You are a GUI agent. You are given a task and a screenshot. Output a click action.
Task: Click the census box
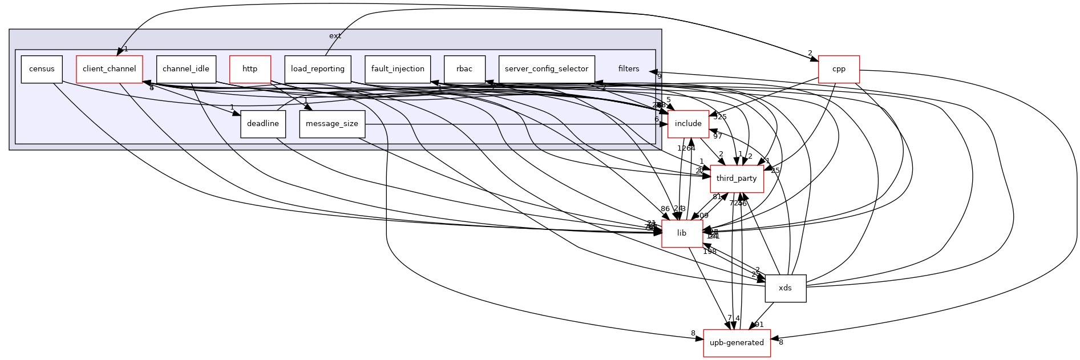[x=42, y=69]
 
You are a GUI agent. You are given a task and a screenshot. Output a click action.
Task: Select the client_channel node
[x=109, y=69]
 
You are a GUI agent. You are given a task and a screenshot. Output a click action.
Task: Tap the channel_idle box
[x=186, y=69]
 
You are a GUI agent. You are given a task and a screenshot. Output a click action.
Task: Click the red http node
[x=250, y=69]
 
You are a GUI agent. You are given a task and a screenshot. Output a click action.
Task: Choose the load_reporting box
[x=318, y=69]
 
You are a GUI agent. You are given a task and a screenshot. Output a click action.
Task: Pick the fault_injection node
[x=398, y=69]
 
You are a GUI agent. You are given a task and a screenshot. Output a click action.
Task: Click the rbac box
[x=464, y=69]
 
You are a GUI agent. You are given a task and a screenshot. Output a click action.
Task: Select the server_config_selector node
[x=547, y=69]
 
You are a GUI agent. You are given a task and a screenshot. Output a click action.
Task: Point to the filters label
[x=629, y=69]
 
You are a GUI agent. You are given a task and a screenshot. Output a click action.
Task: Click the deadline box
[x=263, y=124]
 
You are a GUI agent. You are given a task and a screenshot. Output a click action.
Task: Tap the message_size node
[x=332, y=124]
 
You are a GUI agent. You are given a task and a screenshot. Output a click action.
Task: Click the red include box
[x=688, y=124]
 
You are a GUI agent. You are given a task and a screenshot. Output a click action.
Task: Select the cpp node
[x=839, y=69]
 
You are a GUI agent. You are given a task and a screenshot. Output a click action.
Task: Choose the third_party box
[x=737, y=179]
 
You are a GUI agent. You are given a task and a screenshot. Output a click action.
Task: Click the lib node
[x=682, y=233]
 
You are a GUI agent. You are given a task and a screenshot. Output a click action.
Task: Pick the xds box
[x=786, y=288]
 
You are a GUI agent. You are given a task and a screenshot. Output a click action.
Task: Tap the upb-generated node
[x=737, y=343]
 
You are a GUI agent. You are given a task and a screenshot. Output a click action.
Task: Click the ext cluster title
[x=335, y=36]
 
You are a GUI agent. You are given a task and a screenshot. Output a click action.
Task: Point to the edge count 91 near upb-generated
[x=759, y=325]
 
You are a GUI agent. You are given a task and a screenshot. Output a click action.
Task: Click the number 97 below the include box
[x=718, y=136]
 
